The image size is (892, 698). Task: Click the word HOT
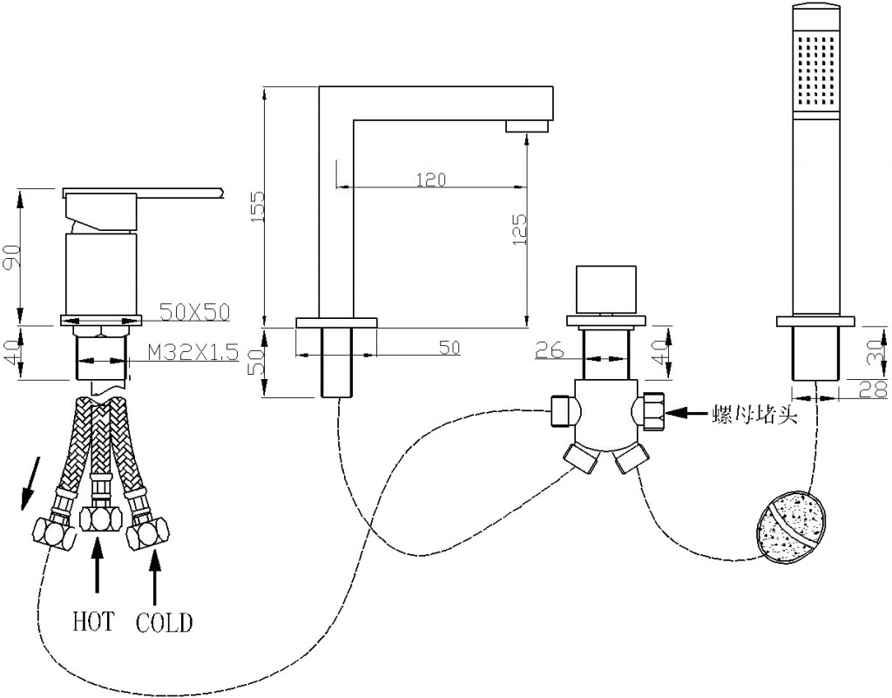coord(93,622)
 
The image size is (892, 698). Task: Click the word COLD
coord(165,622)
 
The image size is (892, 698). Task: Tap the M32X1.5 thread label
coord(192,352)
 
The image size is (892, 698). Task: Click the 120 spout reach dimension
coord(430,180)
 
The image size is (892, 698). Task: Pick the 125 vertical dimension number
coord(517,230)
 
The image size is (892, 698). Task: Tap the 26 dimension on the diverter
coord(550,350)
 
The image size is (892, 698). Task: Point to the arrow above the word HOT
coord(96,566)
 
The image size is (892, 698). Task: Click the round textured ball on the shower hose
coord(788,527)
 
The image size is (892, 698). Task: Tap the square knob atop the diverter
coord(605,288)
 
